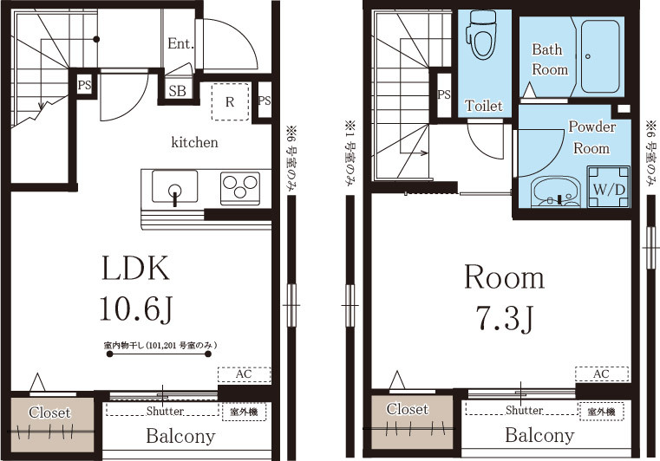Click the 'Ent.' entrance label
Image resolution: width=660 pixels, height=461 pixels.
[x=180, y=43]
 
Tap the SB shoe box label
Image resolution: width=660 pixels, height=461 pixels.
[x=177, y=90]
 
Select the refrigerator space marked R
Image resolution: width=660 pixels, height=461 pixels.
[x=230, y=101]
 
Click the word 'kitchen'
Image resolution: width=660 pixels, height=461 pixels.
[x=194, y=142]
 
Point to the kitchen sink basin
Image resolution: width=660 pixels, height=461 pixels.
[x=174, y=186]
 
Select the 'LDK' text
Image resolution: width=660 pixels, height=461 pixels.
[x=135, y=269]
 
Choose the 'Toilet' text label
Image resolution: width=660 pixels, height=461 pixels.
[x=483, y=106]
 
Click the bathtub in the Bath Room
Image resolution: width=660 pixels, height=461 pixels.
[x=599, y=57]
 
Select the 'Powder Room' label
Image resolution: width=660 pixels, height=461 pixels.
[x=591, y=138]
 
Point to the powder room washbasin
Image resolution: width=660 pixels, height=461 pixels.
[x=555, y=193]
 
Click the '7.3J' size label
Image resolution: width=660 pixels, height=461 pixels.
[x=504, y=318]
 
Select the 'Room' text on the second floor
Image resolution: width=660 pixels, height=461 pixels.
[x=504, y=278]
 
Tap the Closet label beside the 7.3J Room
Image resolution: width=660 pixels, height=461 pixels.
[x=407, y=409]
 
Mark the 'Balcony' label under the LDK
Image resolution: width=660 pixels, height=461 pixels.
[x=180, y=436]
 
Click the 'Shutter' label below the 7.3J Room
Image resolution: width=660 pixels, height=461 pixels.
[x=524, y=410]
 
